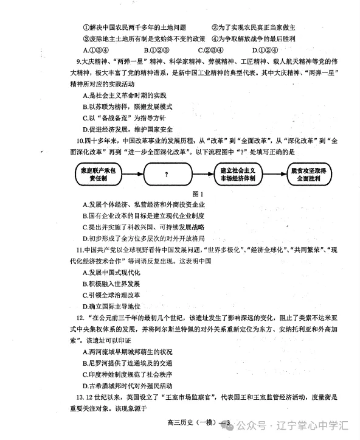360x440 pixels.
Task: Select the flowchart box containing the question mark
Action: coord(165,175)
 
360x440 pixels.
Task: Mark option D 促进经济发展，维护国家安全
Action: coord(128,129)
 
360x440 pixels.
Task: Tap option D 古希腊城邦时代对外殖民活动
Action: coord(128,386)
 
